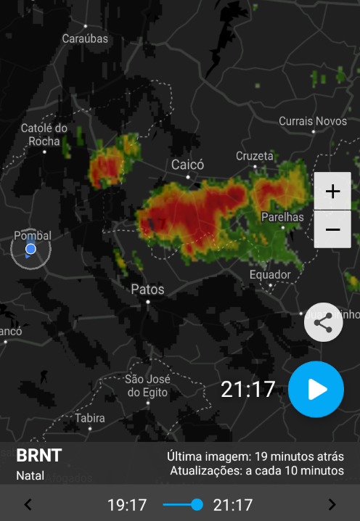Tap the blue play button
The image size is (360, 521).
click(316, 390)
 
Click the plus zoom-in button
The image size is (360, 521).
click(332, 192)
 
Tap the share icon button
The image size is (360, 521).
click(324, 322)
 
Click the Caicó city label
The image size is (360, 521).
click(188, 165)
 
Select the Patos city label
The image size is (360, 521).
click(147, 290)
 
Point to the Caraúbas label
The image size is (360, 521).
click(84, 38)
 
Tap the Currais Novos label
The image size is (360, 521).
click(313, 121)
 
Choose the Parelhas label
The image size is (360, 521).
click(282, 217)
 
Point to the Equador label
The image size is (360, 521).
click(270, 275)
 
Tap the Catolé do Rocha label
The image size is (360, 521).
click(44, 135)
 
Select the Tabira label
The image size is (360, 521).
click(90, 418)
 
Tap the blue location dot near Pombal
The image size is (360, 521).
click(30, 250)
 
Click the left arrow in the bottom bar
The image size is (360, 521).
click(28, 505)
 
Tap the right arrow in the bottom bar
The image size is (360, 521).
click(332, 505)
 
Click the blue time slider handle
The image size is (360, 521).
click(197, 505)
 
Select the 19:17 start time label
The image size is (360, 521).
click(127, 505)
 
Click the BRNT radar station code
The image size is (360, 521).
click(39, 456)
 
